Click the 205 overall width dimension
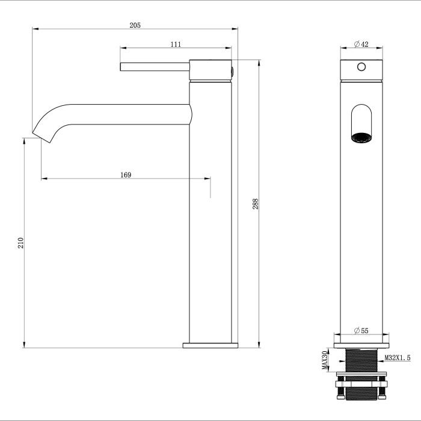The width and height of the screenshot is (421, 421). click(135, 25)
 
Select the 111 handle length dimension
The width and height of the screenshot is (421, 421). click(176, 44)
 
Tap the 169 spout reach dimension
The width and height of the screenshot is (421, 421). click(126, 175)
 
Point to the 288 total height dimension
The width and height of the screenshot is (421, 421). click(255, 204)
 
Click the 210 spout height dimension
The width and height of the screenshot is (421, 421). click(20, 243)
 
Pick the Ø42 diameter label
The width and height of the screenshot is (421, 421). click(361, 44)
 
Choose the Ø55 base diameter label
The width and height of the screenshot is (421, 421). click(361, 331)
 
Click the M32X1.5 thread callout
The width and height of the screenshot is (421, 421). click(397, 358)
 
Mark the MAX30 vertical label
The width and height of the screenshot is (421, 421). click(324, 360)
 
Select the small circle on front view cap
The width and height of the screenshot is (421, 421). click(361, 67)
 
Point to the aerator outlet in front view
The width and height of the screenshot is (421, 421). click(361, 137)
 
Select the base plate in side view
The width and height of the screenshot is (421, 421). click(210, 345)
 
